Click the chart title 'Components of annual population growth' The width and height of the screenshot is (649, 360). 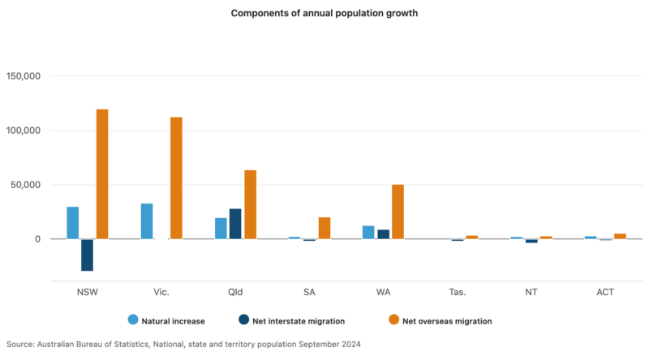[324, 14]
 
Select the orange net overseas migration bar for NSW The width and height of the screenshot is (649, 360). [102, 174]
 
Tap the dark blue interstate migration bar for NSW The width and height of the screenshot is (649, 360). [88, 255]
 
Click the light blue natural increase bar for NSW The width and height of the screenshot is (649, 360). [73, 223]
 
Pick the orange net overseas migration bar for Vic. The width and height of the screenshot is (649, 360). [176, 178]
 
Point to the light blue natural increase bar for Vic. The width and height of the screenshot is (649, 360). [147, 221]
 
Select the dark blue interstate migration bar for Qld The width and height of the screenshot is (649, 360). [235, 224]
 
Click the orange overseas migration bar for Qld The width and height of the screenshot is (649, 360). [250, 204]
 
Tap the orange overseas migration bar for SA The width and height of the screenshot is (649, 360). [324, 228]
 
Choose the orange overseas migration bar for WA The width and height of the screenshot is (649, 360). [398, 212]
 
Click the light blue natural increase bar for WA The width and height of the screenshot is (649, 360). [368, 232]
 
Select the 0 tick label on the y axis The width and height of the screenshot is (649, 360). [38, 239]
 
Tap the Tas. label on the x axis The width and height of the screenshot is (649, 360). [457, 291]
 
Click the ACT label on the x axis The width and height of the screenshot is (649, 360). [604, 291]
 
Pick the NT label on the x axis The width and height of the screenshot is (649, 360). [531, 291]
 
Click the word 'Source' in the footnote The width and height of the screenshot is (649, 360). [20, 345]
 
